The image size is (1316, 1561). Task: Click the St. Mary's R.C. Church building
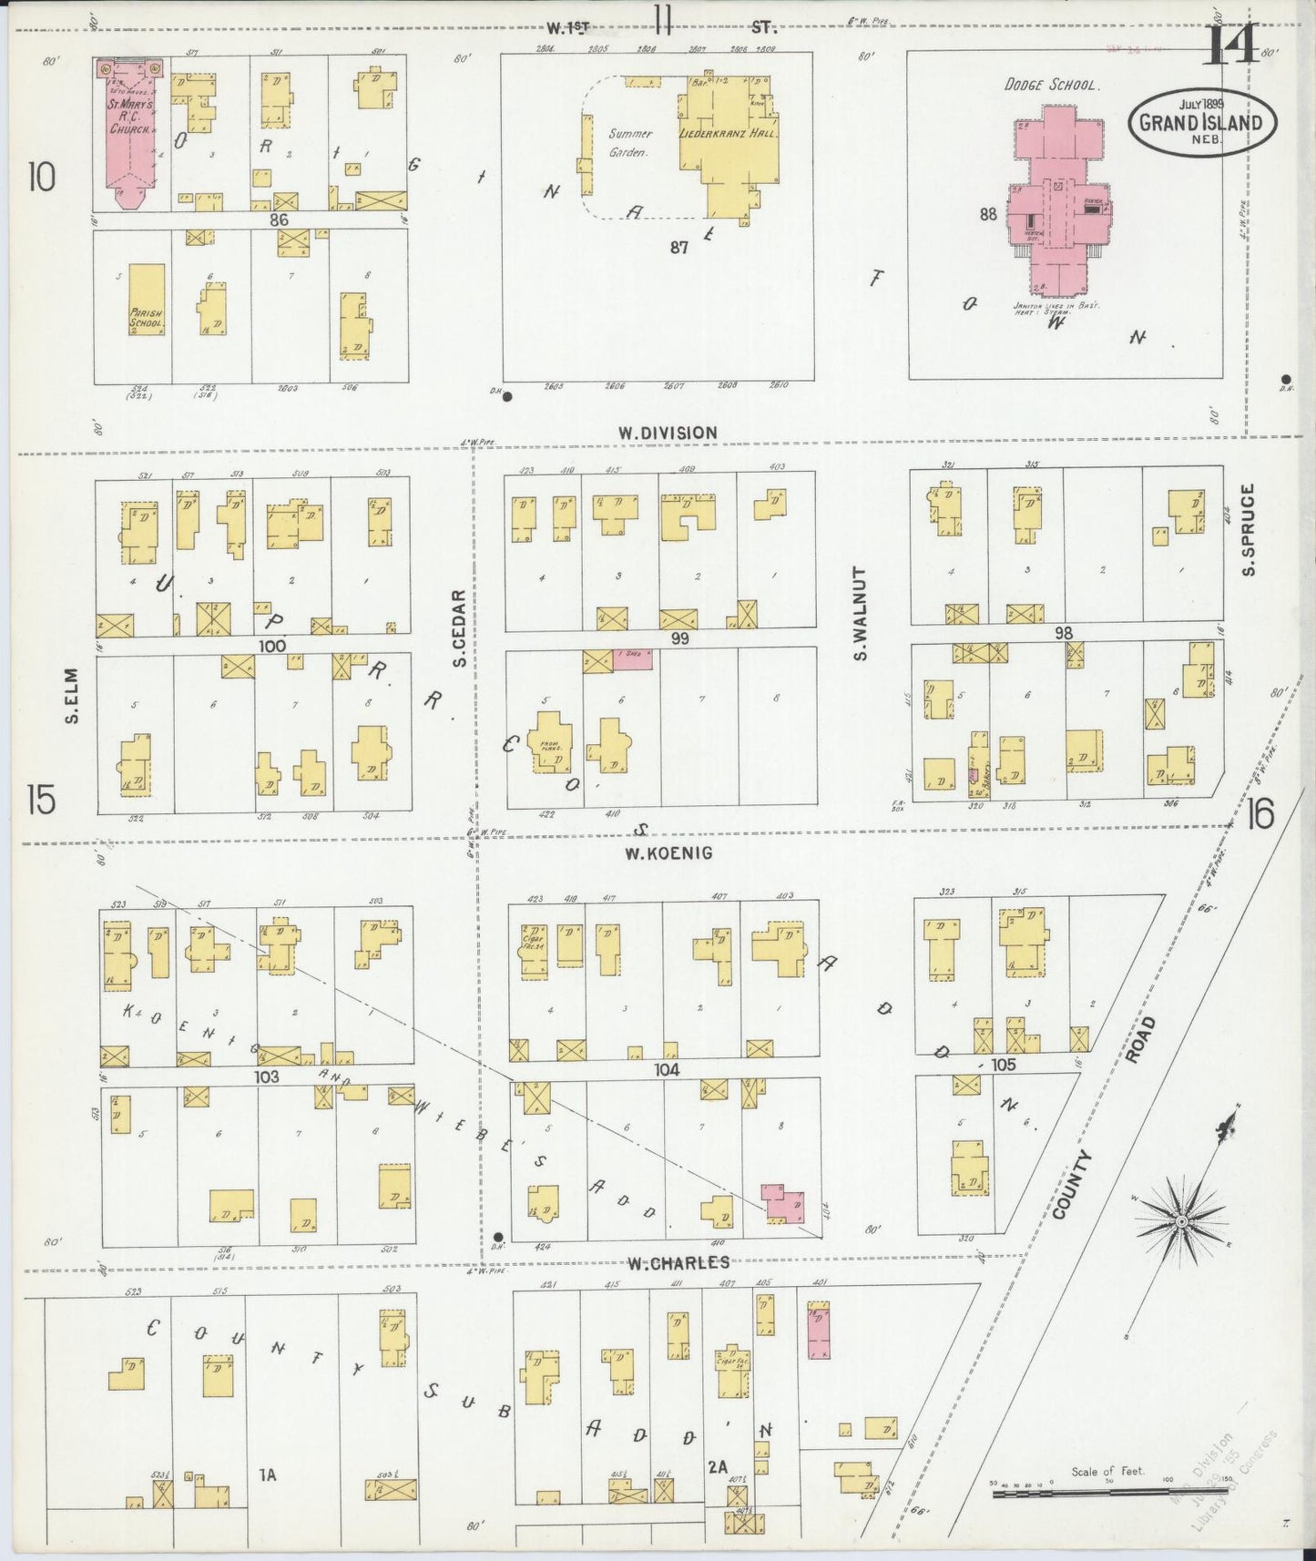pos(129,137)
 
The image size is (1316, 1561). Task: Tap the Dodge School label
pos(1052,85)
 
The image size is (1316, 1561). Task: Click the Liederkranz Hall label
pos(727,133)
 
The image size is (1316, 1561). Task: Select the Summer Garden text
pos(630,143)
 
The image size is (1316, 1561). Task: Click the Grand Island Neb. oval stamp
pos(1201,122)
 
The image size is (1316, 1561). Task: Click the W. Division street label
pos(668,433)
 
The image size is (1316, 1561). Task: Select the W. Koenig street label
pos(668,853)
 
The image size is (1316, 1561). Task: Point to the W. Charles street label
pos(678,1262)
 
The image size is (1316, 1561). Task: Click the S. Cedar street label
pos(460,627)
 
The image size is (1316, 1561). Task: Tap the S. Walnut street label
pos(861,613)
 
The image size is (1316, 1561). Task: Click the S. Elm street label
pos(70,697)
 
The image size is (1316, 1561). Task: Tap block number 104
pos(668,1070)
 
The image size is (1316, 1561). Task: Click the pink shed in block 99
pos(631,659)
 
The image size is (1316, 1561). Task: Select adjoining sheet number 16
pos(1260,812)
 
